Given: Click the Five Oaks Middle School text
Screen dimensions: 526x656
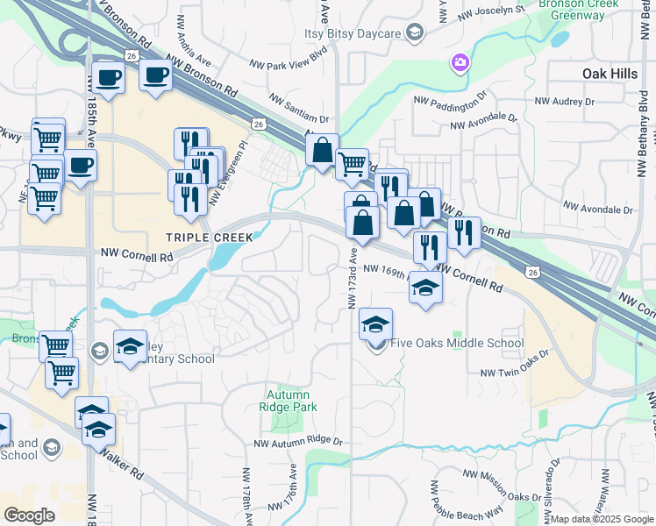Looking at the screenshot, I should [457, 344].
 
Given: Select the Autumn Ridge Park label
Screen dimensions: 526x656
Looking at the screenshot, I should [291, 401].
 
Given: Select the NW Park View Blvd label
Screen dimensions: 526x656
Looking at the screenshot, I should [288, 64].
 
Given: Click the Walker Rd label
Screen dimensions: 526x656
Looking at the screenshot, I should [121, 462].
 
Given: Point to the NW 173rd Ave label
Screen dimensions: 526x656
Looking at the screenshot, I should [352, 278].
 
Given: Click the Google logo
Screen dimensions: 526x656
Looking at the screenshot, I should [30, 515].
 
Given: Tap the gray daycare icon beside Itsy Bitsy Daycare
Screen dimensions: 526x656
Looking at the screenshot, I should [415, 33].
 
